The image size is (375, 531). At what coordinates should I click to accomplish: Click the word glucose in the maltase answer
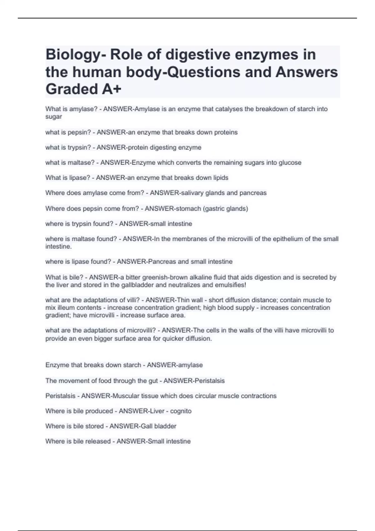tap(291, 163)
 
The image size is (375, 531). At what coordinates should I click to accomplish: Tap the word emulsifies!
tap(231, 285)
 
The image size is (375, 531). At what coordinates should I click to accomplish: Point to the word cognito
tap(181, 411)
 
